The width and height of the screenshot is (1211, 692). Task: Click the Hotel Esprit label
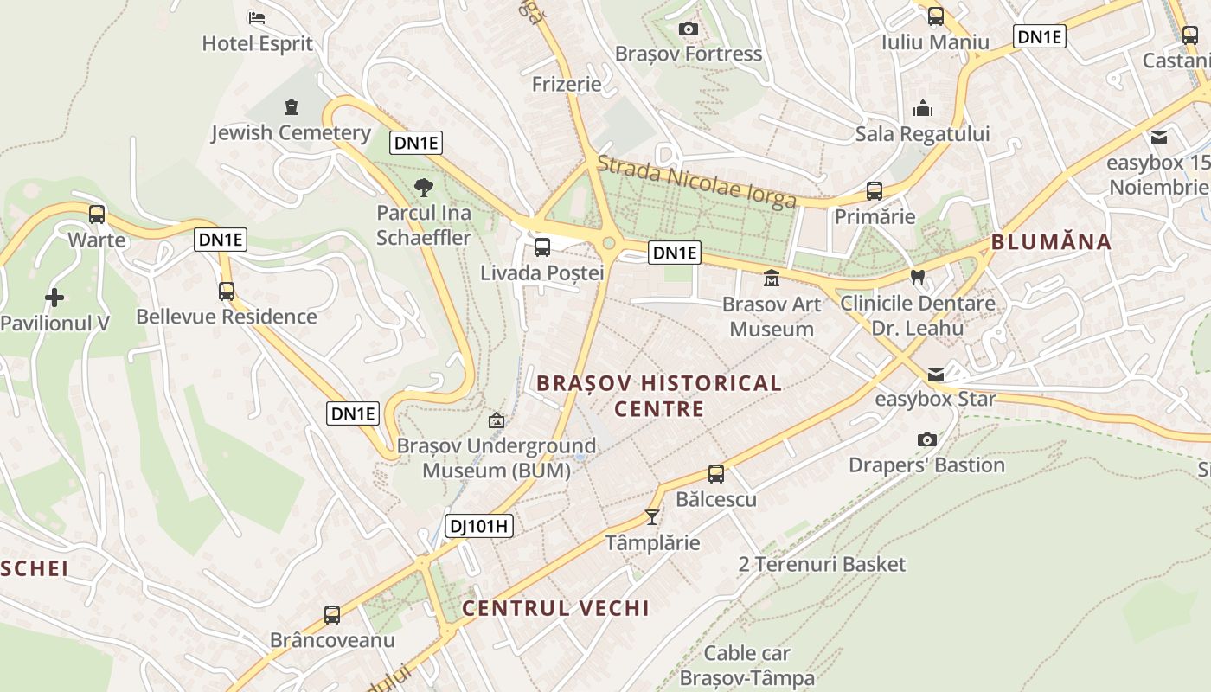257,43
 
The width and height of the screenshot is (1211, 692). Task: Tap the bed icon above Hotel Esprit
257,17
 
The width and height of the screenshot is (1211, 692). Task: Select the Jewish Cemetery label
291,133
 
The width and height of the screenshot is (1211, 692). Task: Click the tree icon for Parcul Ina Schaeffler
423,186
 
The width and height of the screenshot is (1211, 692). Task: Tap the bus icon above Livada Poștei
542,247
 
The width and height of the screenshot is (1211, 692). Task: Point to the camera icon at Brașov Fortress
689,29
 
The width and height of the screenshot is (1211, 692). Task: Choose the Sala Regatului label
922,134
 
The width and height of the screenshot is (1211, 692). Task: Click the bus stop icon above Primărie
875,191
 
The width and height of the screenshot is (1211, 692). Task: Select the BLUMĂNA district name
1051,242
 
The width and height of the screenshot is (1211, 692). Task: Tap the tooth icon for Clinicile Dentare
918,278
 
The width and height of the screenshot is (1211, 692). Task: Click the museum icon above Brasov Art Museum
771,279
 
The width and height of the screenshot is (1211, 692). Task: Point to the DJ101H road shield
479,525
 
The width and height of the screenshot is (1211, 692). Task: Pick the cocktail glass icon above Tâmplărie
652,517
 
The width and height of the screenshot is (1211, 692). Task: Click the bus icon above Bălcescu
716,474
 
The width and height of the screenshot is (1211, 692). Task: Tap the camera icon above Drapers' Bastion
926,440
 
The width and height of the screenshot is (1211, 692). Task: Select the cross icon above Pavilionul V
54,298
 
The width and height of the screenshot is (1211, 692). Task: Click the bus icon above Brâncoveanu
332,615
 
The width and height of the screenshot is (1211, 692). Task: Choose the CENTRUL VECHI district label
555,608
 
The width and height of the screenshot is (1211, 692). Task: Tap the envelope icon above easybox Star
936,375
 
